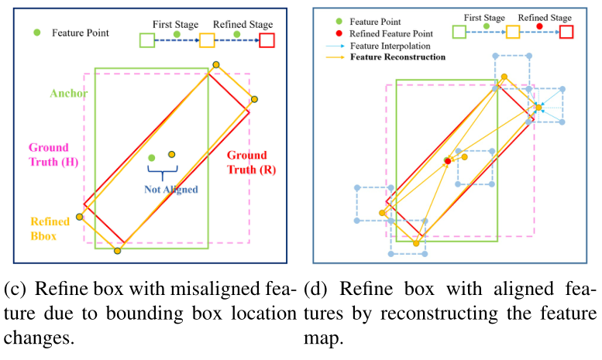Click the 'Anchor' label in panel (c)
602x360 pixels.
tap(69, 94)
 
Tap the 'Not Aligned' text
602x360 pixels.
tap(170, 189)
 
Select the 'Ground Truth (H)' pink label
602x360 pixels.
tap(48, 154)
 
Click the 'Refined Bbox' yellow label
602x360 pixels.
tap(50, 228)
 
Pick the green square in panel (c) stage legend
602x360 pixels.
tap(146, 39)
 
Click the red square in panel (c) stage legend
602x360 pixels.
tap(267, 39)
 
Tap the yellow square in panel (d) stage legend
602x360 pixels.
tap(513, 31)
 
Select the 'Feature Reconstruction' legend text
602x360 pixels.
tap(397, 57)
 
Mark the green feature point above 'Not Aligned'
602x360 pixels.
tap(152, 158)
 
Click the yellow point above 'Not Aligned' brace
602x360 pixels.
tap(172, 154)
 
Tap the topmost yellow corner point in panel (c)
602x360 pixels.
tap(216, 65)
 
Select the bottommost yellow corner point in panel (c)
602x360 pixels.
tap(117, 251)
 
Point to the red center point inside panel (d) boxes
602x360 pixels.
tap(447, 161)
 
